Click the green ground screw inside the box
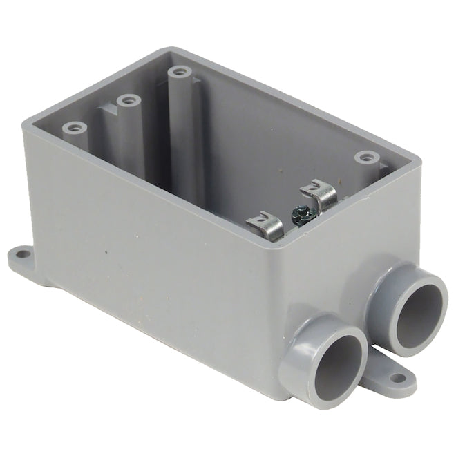(x=301, y=214)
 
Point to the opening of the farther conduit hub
(x=417, y=315)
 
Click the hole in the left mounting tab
(x=23, y=254)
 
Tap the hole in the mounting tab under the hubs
(x=398, y=379)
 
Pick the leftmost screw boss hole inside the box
(x=74, y=128)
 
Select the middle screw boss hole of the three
(x=128, y=101)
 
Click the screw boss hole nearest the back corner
(x=180, y=71)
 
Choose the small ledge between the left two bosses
(x=104, y=111)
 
